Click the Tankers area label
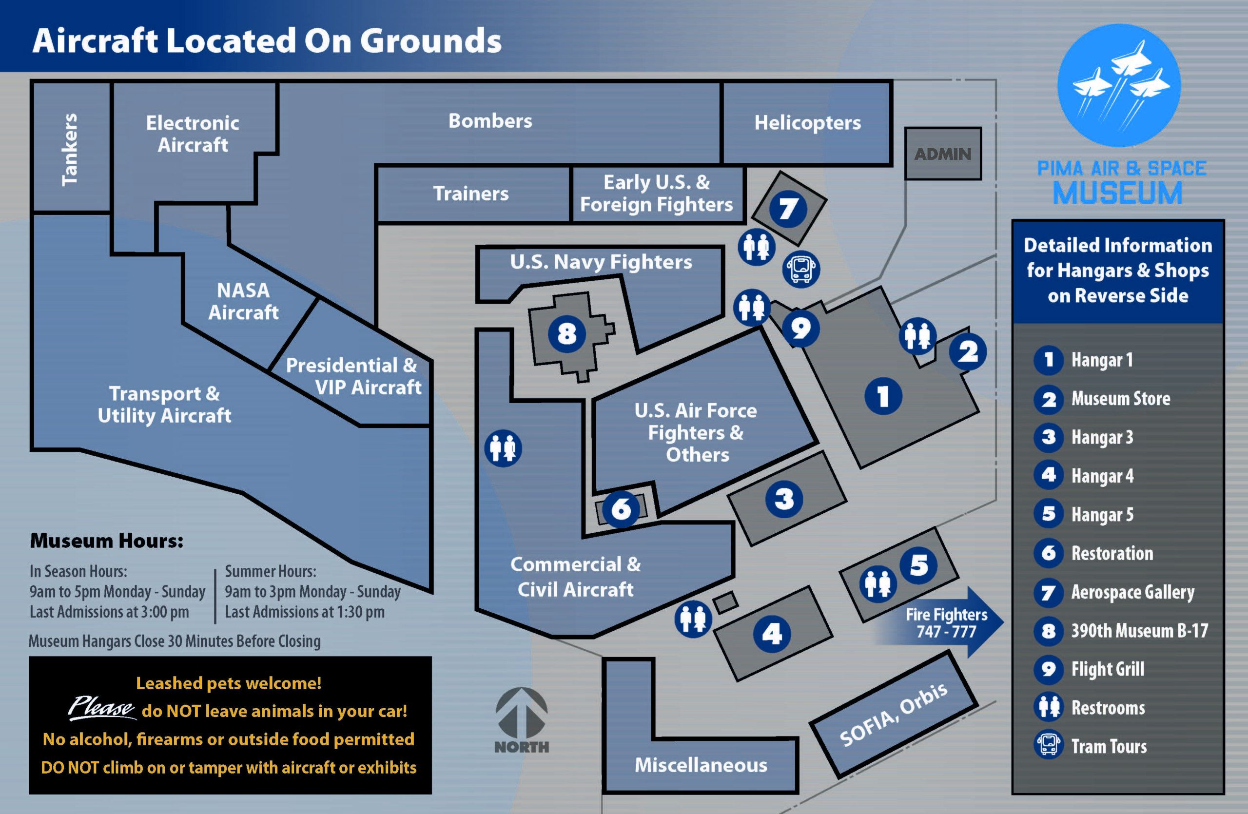(x=70, y=149)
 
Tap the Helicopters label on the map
(x=807, y=123)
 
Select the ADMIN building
(x=943, y=154)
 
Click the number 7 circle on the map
(x=788, y=209)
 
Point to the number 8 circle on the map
(x=566, y=333)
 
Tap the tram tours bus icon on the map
(x=800, y=269)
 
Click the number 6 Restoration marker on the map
(x=621, y=508)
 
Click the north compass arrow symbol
(x=521, y=713)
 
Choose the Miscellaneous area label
(x=701, y=765)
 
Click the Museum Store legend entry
(x=1120, y=399)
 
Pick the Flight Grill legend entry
(x=1108, y=669)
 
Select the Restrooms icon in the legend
(x=1049, y=707)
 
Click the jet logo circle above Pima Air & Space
(x=1118, y=85)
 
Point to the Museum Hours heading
(x=106, y=541)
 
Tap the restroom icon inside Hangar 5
(x=878, y=583)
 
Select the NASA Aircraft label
(x=243, y=301)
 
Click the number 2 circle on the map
(x=968, y=352)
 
